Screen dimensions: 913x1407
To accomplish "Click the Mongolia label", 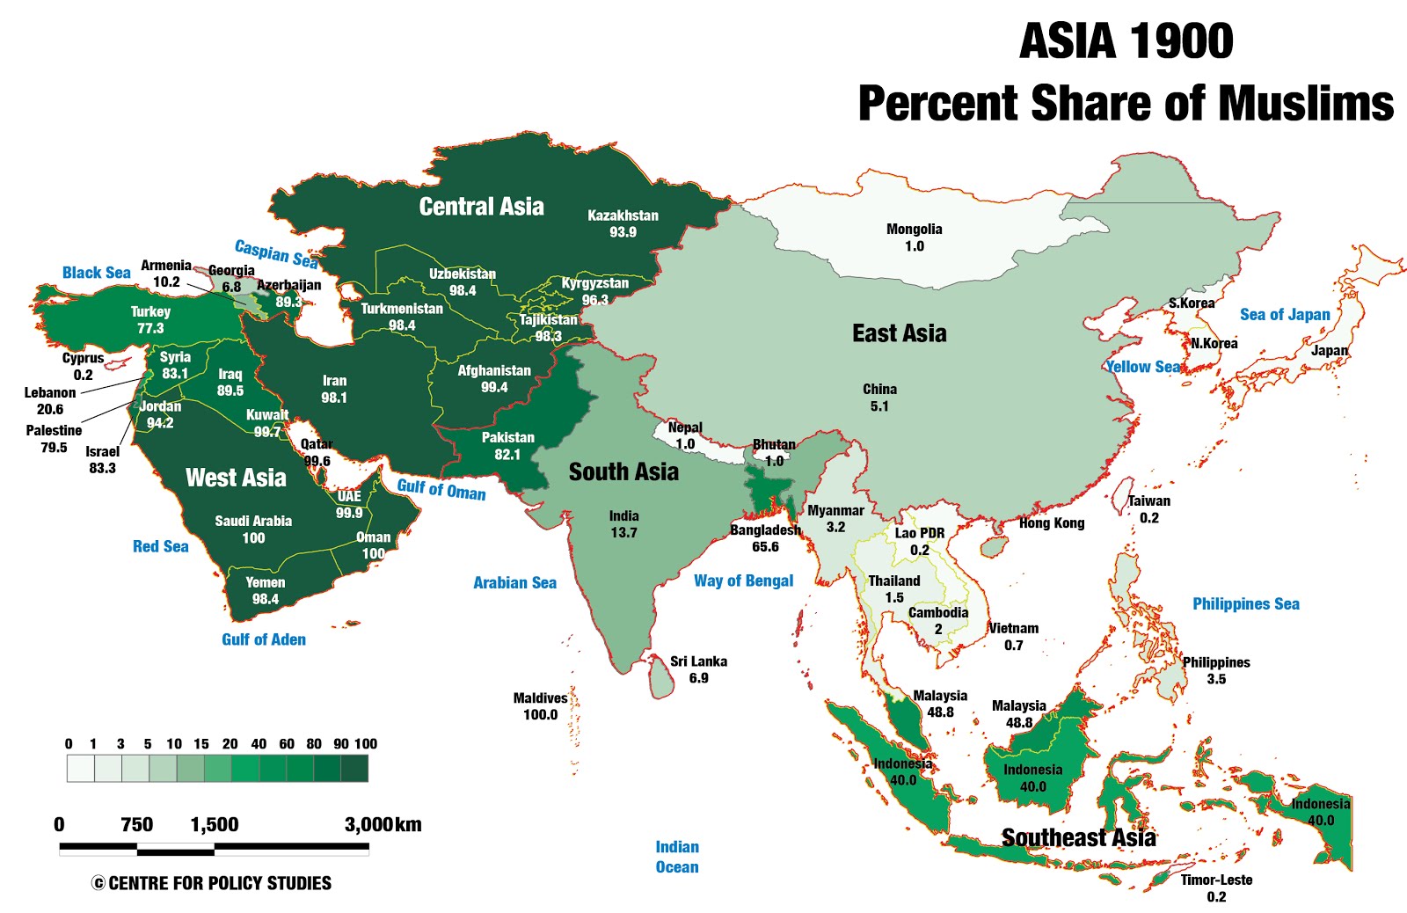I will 914,230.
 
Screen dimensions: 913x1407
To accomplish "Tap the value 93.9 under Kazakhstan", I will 623,233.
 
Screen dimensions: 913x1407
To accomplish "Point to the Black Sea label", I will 96,273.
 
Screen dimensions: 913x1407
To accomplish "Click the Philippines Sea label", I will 1245,604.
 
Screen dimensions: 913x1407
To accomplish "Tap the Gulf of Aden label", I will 263,640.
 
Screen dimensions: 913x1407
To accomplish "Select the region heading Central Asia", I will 481,207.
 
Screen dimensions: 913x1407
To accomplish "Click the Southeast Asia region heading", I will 1078,838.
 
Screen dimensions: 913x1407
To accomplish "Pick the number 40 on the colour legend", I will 259,744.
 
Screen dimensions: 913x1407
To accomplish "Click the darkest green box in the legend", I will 354,769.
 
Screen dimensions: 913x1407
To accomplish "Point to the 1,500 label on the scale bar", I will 215,825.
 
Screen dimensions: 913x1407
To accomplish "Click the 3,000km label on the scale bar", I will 383,825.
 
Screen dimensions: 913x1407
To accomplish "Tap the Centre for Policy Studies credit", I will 211,883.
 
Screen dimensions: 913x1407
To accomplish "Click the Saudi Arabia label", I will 253,522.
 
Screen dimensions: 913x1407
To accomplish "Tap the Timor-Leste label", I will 1216,880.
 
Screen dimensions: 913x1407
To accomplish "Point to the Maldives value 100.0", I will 540,715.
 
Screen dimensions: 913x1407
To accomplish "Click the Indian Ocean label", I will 677,857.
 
